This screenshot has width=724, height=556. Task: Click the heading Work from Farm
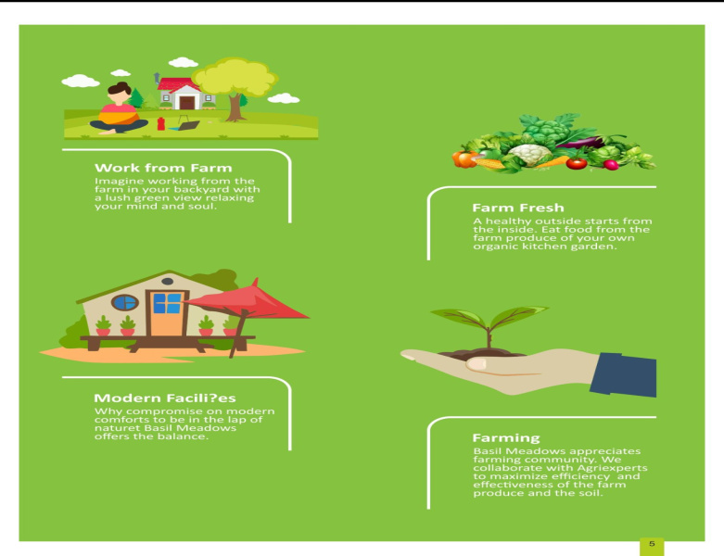(x=163, y=168)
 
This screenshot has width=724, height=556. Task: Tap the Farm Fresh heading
(x=518, y=208)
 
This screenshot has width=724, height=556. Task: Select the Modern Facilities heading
(x=165, y=398)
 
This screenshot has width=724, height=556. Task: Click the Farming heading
(x=506, y=438)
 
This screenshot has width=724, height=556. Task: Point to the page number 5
(x=652, y=544)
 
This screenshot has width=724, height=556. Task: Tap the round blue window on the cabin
(x=124, y=303)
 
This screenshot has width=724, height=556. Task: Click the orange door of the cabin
(x=167, y=314)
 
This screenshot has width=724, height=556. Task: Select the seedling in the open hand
(x=489, y=324)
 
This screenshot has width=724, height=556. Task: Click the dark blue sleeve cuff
(x=623, y=374)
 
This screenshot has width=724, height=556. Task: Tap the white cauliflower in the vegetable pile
(x=529, y=154)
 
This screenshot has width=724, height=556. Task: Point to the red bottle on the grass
(x=160, y=123)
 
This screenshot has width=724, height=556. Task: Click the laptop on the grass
(x=186, y=125)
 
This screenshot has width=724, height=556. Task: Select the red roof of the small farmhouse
(x=178, y=84)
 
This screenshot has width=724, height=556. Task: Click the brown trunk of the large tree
(x=235, y=107)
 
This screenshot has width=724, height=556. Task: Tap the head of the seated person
(x=120, y=93)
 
